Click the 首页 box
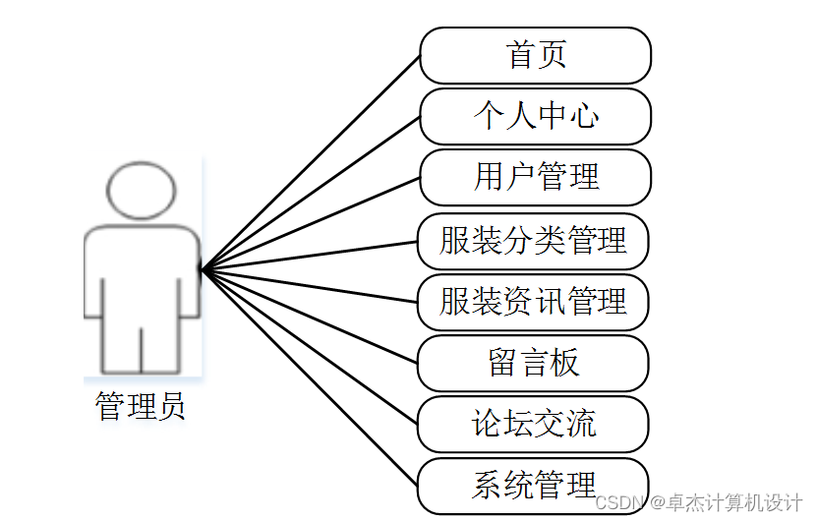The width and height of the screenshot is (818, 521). pyautogui.click(x=536, y=55)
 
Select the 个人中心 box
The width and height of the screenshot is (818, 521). pyautogui.click(x=536, y=116)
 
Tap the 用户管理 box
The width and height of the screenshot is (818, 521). pyautogui.click(x=536, y=177)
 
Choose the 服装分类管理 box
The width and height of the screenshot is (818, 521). pyautogui.click(x=533, y=240)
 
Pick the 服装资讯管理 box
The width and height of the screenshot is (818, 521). pyautogui.click(x=533, y=301)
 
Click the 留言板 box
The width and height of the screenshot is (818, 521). pyautogui.click(x=533, y=363)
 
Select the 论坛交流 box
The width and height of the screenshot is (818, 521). pyautogui.click(x=533, y=425)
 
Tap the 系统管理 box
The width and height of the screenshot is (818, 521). pyautogui.click(x=533, y=485)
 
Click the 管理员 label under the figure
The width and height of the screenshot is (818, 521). pyautogui.click(x=141, y=406)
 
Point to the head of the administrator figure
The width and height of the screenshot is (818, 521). pyautogui.click(x=142, y=189)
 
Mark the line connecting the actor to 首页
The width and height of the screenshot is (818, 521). pyautogui.click(x=310, y=161)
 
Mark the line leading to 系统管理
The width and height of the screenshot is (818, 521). pyautogui.click(x=310, y=376)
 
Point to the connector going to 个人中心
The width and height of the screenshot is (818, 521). pyautogui.click(x=310, y=192)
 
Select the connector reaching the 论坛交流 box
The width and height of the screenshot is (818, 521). pyautogui.click(x=310, y=345)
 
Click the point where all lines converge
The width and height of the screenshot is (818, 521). pyautogui.click(x=202, y=267)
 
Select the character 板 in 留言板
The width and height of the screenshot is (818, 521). pyautogui.click(x=564, y=363)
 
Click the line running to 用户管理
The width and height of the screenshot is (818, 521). pyautogui.click(x=310, y=222)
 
